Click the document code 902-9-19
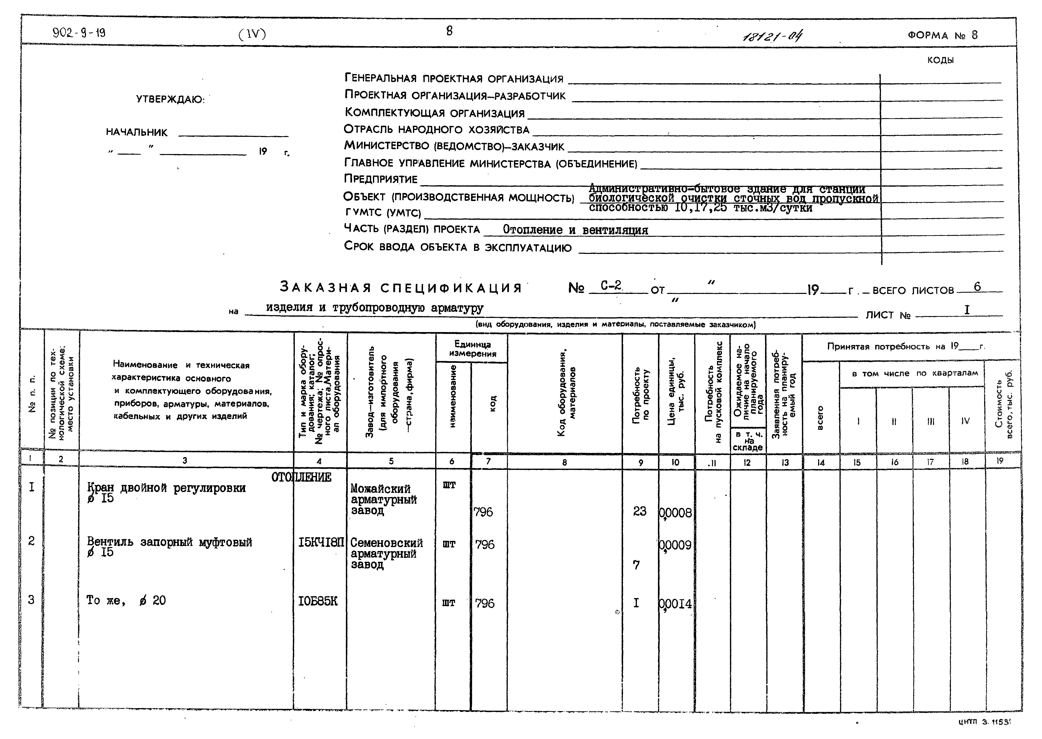click(x=79, y=33)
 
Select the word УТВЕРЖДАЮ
click(x=170, y=99)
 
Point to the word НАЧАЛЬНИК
click(x=137, y=132)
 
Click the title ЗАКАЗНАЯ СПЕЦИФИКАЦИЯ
click(x=401, y=288)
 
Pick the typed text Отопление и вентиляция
click(x=575, y=230)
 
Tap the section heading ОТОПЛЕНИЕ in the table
click(x=301, y=477)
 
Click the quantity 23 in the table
click(x=640, y=512)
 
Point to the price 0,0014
click(x=676, y=604)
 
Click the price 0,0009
click(x=676, y=545)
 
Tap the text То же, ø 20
click(x=126, y=601)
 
